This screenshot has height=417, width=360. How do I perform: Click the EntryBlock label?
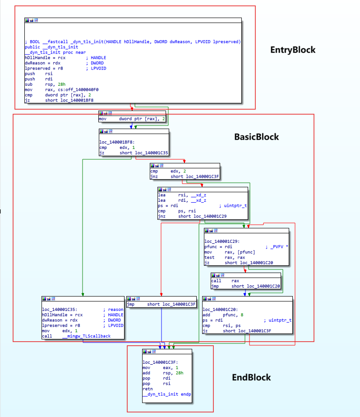pyautogui.click(x=293, y=50)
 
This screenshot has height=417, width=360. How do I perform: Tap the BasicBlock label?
pyautogui.click(x=256, y=137)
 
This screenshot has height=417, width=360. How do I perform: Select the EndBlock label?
pyautogui.click(x=251, y=377)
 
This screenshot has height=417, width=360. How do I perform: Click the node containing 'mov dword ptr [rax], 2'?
pyautogui.click(x=132, y=118)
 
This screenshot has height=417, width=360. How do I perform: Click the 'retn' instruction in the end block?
pyautogui.click(x=148, y=388)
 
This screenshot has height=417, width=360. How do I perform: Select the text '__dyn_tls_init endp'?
pyautogui.click(x=166, y=394)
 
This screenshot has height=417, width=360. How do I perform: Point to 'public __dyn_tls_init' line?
pyautogui.click(x=51, y=47)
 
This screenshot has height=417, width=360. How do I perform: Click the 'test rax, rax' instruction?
pyautogui.click(x=226, y=257)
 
